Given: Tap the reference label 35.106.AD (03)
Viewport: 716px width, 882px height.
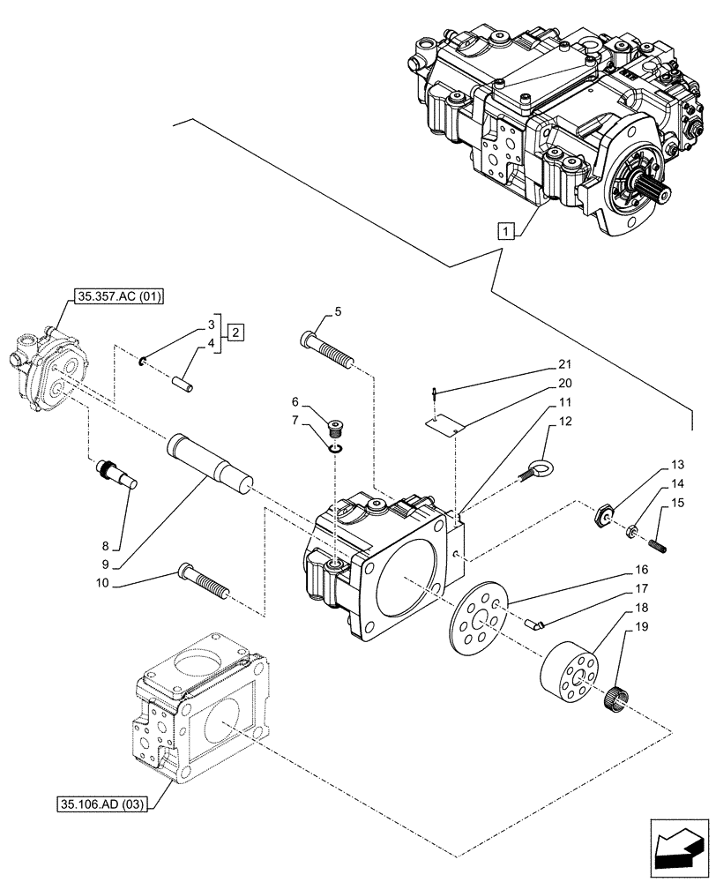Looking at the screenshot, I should (103, 804).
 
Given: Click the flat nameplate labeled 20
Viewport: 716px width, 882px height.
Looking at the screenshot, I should (444, 425).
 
